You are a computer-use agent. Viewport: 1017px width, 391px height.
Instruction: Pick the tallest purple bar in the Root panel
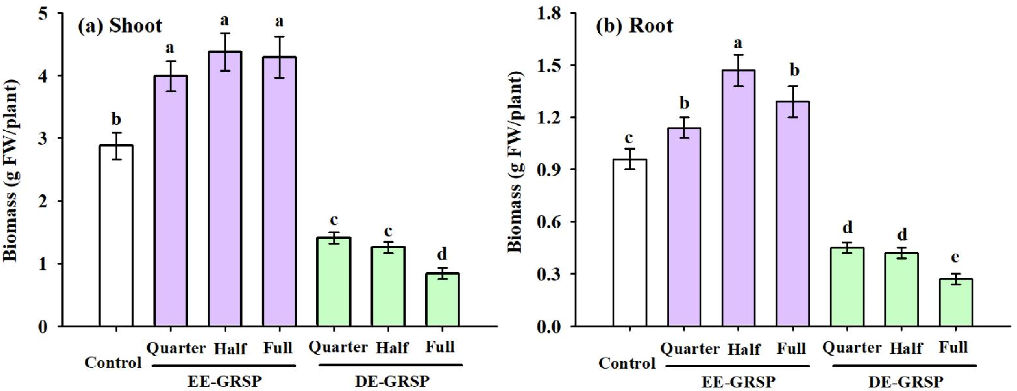pos(738,198)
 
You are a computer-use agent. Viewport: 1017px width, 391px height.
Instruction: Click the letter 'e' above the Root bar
pos(955,257)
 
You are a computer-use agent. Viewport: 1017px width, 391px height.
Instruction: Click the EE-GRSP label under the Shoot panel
pos(224,381)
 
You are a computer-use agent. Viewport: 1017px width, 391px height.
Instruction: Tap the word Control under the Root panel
pos(627,363)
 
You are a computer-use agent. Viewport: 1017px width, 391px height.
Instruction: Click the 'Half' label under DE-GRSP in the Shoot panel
pos(392,348)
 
